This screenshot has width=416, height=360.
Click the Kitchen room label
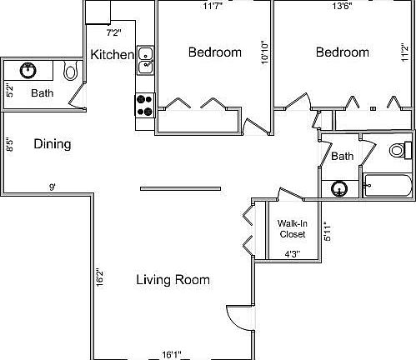112,55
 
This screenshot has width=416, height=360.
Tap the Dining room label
52,144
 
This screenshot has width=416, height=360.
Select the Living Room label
173,279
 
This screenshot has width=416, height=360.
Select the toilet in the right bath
401,151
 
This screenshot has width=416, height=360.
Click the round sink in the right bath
339,188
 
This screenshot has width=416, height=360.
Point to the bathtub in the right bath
388,186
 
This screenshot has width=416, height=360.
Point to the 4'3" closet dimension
293,254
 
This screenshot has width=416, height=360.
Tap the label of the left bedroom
214,52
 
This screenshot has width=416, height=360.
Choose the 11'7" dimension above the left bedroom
214,7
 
